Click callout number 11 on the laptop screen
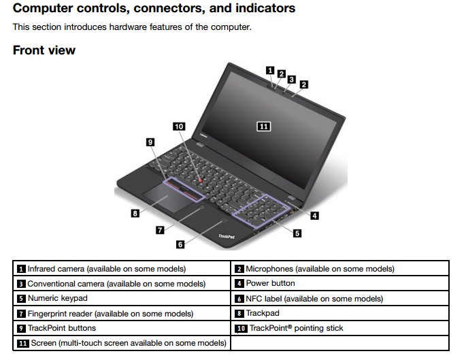pyautogui.click(x=263, y=126)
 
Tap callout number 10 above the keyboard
pyautogui.click(x=179, y=127)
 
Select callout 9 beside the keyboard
pyautogui.click(x=150, y=142)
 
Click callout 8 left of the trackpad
pyautogui.click(x=135, y=213)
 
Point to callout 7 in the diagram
pyautogui.click(x=160, y=230)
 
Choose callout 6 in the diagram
pyautogui.click(x=180, y=244)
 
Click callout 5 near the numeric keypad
pyautogui.click(x=297, y=233)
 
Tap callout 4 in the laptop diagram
pyautogui.click(x=314, y=216)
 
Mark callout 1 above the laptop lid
pyautogui.click(x=270, y=69)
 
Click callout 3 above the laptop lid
pyautogui.click(x=291, y=79)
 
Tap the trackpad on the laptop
pyautogui.click(x=168, y=201)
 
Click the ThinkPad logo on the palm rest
pyautogui.click(x=227, y=235)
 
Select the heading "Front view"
pyautogui.click(x=44, y=50)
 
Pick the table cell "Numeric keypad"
pyautogui.click(x=57, y=298)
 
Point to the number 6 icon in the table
pyautogui.click(x=239, y=299)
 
